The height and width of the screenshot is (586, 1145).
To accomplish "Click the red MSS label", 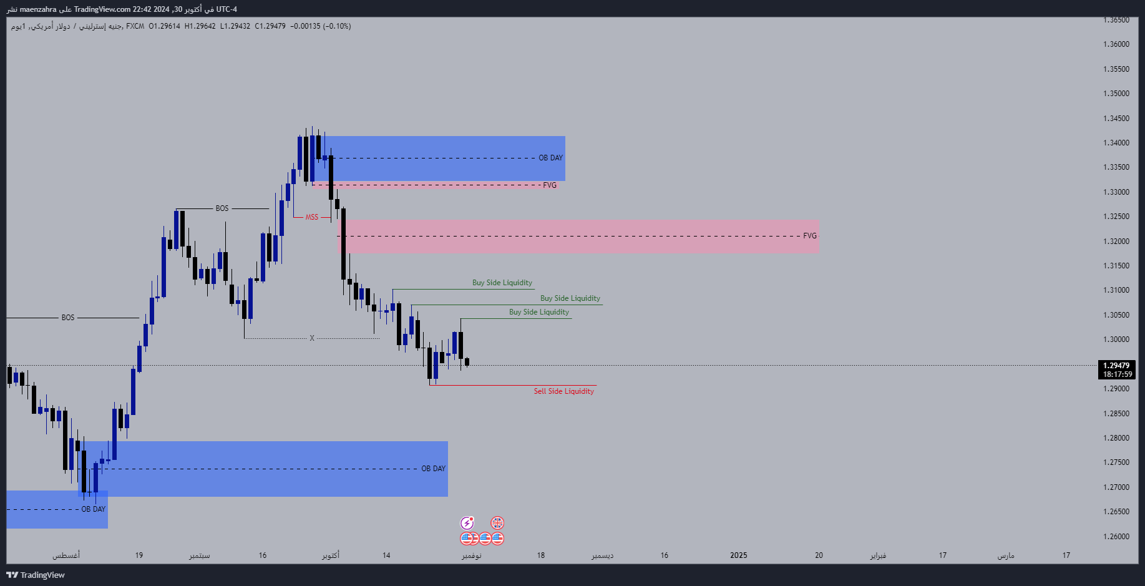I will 311,217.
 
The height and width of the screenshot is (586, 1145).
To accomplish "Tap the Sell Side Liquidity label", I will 563,391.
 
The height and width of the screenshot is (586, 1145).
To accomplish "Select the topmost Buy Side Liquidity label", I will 502,283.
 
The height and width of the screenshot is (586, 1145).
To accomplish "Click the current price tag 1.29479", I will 1116,366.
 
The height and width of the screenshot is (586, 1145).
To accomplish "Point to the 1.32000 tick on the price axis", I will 1116,242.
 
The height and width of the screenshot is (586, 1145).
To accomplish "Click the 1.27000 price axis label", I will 1116,487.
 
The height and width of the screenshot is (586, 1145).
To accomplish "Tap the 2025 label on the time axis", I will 738,555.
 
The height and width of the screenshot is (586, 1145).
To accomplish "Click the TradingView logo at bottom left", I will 36,575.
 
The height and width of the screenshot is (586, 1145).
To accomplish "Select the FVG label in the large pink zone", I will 809,236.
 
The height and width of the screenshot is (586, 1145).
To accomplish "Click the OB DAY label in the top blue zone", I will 550,158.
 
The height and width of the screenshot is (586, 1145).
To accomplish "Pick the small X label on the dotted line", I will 312,338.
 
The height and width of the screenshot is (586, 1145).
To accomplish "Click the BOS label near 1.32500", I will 222,208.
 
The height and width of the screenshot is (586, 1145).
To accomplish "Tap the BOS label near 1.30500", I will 67,318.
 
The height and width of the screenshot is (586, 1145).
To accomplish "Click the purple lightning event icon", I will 467,523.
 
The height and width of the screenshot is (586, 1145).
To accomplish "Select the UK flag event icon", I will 497,523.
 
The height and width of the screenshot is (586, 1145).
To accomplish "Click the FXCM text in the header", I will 135,26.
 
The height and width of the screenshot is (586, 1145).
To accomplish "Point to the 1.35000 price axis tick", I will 1116,94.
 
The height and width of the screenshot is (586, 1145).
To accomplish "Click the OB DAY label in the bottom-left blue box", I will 94,509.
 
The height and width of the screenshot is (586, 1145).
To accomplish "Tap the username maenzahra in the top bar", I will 38,9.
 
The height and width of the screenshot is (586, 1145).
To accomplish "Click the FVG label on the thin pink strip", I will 549,185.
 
